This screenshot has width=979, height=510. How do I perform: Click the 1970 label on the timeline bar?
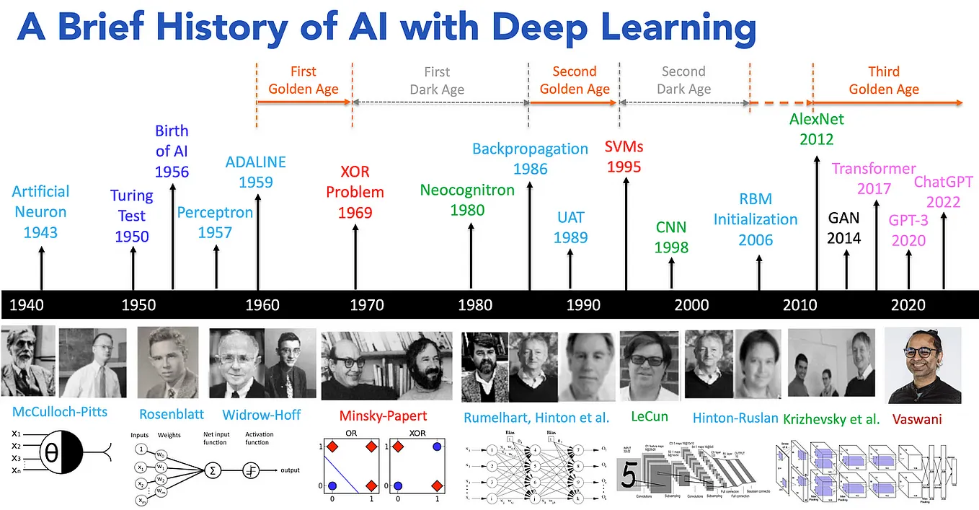pyautogui.click(x=367, y=305)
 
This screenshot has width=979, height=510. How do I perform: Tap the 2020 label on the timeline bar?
pyautogui.click(x=908, y=305)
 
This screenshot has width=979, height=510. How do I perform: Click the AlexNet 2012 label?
pyautogui.click(x=816, y=129)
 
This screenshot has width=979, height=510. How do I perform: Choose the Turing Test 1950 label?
pyautogui.click(x=131, y=216)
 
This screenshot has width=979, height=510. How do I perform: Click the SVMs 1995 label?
pyautogui.click(x=624, y=157)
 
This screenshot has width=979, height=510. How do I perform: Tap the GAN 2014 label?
pyautogui.click(x=843, y=227)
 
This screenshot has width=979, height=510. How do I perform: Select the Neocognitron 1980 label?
pyautogui.click(x=467, y=201)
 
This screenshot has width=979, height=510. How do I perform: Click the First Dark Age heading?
pyautogui.click(x=437, y=81)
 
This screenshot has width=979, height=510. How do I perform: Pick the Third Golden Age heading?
pyautogui.click(x=884, y=81)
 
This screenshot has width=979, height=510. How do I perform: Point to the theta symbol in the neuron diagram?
pyautogui.click(x=52, y=453)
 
